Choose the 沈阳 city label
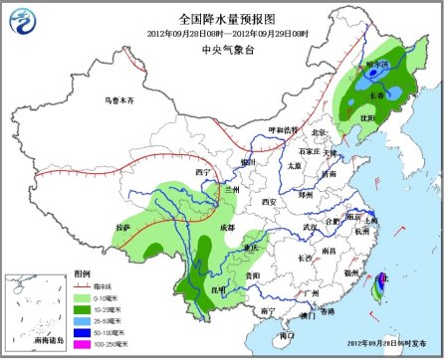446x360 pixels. (370, 117)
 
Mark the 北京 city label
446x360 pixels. (321, 132)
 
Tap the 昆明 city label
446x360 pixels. (205, 289)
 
